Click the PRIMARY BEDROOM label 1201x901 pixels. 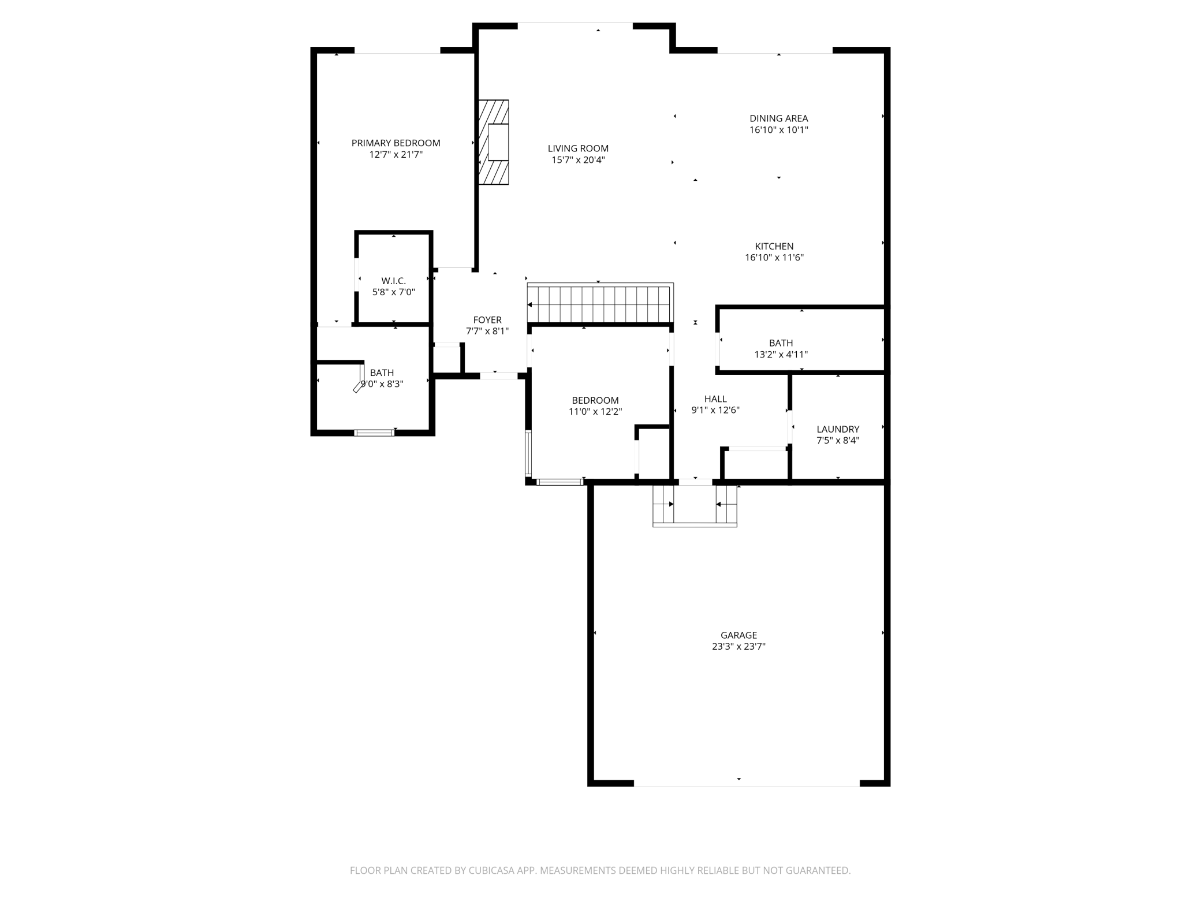coord(396,143)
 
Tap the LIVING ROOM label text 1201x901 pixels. coord(578,148)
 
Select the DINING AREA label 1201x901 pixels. coord(779,118)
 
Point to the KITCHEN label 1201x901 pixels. coord(774,246)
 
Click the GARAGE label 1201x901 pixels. coord(738,635)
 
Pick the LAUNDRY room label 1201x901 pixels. coord(838,429)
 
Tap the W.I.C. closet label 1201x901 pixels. coord(393,281)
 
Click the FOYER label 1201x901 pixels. coord(487,320)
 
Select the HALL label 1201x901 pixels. coord(715,399)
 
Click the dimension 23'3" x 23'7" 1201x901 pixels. coord(738,647)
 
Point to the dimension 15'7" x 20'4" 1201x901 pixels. coord(578,160)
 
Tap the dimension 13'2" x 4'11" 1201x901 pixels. coord(781,355)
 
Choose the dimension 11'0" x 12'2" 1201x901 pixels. coord(595,412)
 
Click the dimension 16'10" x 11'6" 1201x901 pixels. coord(774,258)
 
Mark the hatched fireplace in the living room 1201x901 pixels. coord(494,142)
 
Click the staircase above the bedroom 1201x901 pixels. coord(600,303)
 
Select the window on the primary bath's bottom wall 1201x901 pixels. coord(374,432)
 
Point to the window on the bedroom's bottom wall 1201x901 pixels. coord(560,482)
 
